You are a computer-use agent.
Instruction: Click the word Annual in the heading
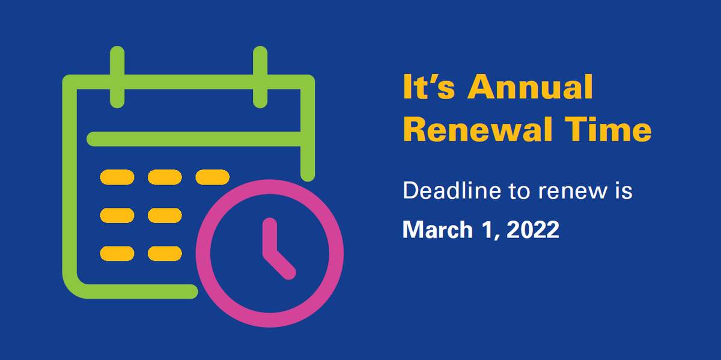tap(531, 88)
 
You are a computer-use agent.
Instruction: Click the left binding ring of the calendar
tap(118, 77)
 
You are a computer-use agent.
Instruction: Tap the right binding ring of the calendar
tap(260, 77)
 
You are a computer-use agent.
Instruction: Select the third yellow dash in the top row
tap(213, 177)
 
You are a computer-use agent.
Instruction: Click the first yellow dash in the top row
tap(117, 177)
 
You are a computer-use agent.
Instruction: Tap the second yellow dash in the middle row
tap(165, 215)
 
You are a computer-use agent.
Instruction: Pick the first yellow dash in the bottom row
tap(117, 253)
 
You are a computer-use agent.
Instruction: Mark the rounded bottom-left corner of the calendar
tap(74, 285)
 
